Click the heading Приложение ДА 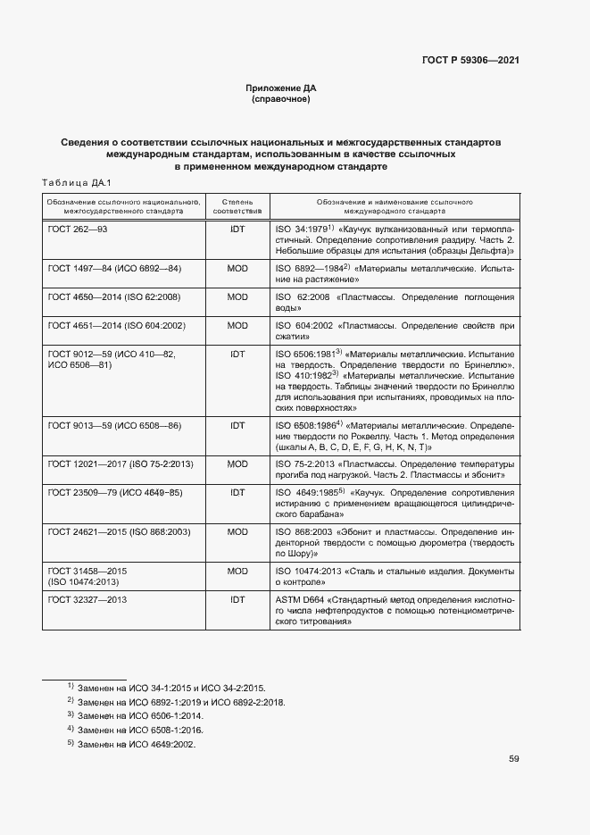[x=281, y=88]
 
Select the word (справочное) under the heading [x=281, y=99]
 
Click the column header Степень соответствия [x=237, y=207]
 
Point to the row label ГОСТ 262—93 [x=78, y=230]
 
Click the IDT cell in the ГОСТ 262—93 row [x=237, y=230]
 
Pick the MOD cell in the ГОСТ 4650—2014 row [x=237, y=296]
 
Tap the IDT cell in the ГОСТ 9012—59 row [x=237, y=354]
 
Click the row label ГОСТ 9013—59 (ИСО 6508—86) [x=114, y=425]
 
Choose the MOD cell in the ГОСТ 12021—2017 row [x=237, y=464]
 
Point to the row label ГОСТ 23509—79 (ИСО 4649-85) [x=114, y=493]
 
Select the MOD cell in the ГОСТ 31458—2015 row [x=237, y=570]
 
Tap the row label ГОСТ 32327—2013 [x=87, y=599]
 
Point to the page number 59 [x=514, y=759]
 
